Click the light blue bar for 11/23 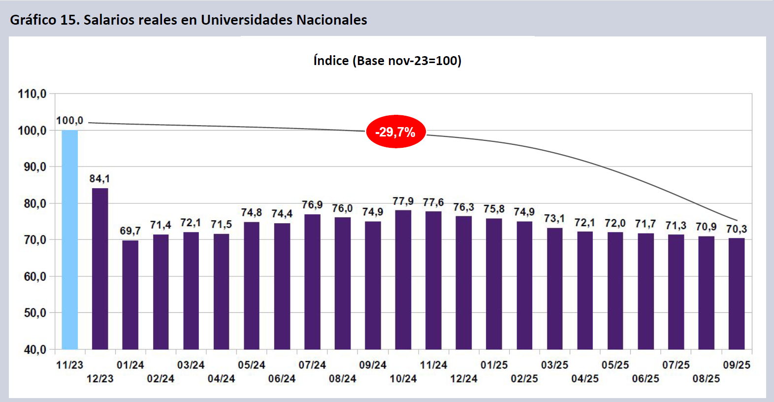click(x=69, y=239)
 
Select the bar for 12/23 click(x=100, y=268)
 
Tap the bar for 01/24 click(x=130, y=295)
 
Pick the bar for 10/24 click(x=403, y=280)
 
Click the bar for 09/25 click(x=737, y=294)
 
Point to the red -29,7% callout click(x=395, y=132)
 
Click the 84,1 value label click(x=99, y=179)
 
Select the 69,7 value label click(x=130, y=231)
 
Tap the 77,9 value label click(x=403, y=201)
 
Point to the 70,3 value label click(x=737, y=229)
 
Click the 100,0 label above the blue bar click(x=69, y=121)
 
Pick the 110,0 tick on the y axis click(x=32, y=94)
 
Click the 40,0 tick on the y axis click(x=35, y=349)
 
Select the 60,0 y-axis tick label click(x=35, y=276)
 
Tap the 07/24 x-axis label click(x=312, y=365)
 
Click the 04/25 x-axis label click(x=585, y=379)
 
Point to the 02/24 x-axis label click(x=161, y=379)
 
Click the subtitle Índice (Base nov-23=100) click(x=387, y=61)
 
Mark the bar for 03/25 click(x=555, y=289)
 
